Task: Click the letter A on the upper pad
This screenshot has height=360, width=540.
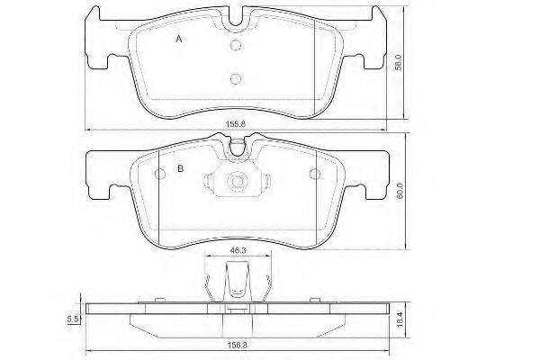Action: click(179, 40)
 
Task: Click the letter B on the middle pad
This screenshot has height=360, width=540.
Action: click(181, 168)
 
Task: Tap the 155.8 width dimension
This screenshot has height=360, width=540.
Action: click(236, 124)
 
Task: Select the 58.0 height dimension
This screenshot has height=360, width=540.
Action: click(398, 62)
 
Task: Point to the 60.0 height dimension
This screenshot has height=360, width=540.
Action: click(400, 191)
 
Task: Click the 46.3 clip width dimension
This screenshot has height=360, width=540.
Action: click(238, 250)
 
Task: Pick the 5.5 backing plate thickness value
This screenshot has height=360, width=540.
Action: click(73, 319)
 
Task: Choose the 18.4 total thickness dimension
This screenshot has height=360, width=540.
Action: click(400, 319)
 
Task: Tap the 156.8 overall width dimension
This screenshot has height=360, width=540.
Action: click(238, 345)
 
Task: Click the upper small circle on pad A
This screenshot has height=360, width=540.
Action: click(236, 45)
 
